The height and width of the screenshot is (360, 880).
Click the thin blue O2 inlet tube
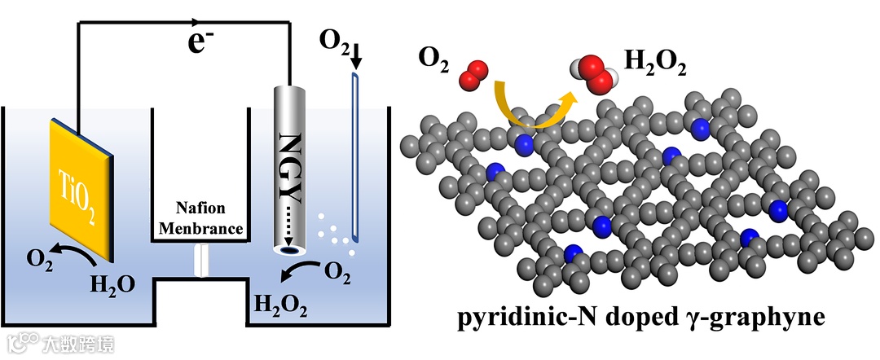click(355, 155)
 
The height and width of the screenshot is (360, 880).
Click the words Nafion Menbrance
click(200, 220)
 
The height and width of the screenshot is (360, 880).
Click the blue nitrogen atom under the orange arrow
click(525, 144)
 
